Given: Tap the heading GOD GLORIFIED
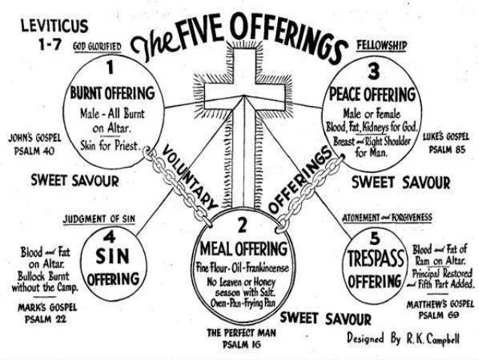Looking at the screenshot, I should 99,47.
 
